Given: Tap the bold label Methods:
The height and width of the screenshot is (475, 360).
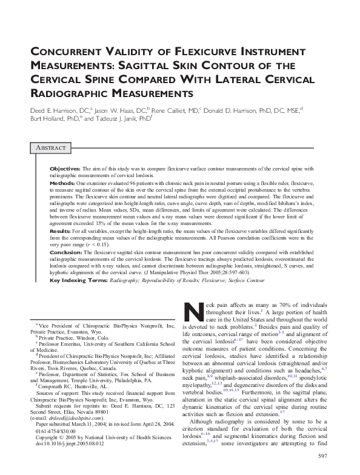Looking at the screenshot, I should point(61,182).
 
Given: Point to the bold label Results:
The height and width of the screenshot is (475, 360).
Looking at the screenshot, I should point(61,231).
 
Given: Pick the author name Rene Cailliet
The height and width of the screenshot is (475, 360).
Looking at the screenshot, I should point(181,110).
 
